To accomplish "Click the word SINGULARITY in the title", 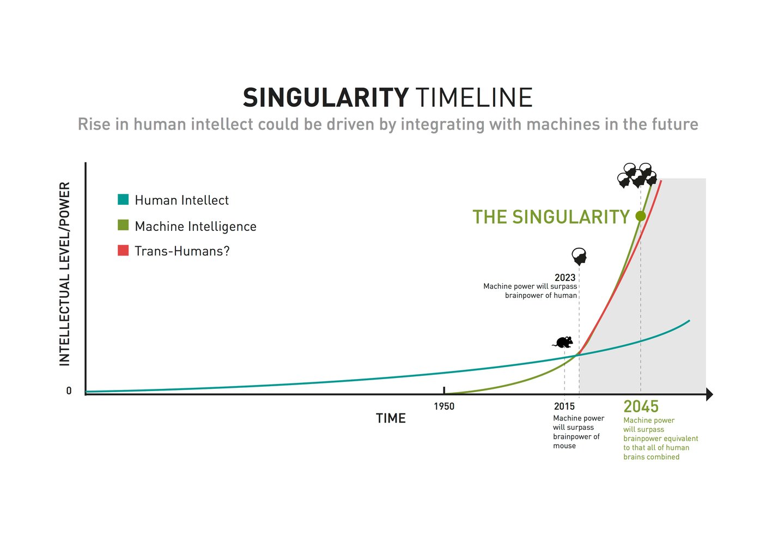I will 325,98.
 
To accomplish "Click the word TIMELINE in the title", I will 473,98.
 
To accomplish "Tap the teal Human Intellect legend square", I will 123,199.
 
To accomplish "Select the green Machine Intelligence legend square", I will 123,225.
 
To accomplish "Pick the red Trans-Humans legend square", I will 123,251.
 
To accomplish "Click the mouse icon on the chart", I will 563,342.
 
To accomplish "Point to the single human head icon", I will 579,256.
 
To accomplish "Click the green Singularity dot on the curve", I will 641,216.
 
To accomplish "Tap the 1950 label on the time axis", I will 444,406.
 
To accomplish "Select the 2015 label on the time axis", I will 564,406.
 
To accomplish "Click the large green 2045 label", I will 641,407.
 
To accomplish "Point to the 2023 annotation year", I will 565,278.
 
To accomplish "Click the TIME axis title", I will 391,418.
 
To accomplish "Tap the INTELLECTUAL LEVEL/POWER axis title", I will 65,274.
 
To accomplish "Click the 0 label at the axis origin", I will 69,391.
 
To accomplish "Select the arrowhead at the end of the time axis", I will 709,394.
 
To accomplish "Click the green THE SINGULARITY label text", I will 551,217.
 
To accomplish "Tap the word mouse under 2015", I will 564,446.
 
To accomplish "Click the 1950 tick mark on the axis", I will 444,391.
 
